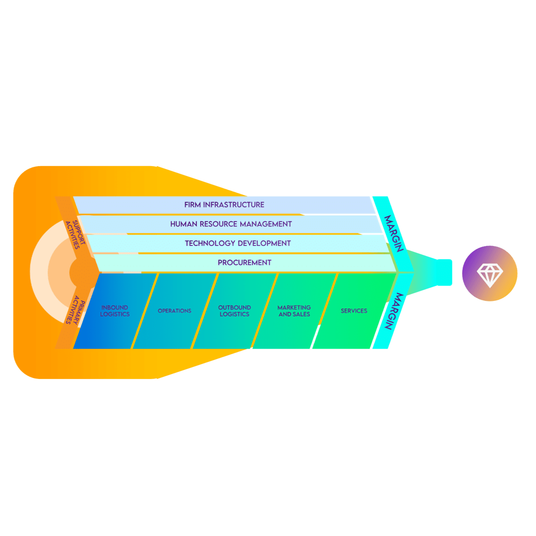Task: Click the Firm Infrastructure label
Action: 224,205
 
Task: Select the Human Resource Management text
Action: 231,224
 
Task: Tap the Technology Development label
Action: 238,243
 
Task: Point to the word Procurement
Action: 245,262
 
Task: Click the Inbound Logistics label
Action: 115,311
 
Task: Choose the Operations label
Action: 175,311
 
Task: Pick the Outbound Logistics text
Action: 235,311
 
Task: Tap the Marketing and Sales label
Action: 294,311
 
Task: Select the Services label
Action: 354,311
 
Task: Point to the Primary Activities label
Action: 73,310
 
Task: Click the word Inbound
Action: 115,307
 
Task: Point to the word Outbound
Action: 235,307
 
